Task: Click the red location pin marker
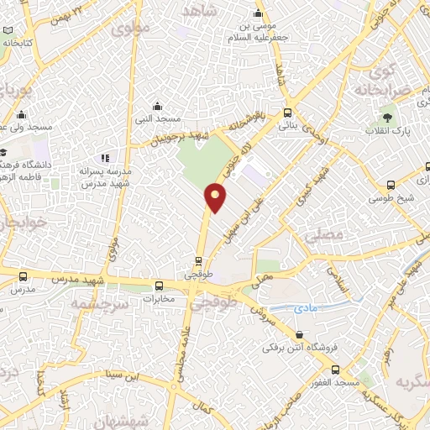[216, 197]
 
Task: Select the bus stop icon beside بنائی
[288, 113]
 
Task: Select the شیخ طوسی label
[391, 200]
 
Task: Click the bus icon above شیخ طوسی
[391, 186]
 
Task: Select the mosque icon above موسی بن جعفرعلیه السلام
[259, 13]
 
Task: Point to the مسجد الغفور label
[337, 383]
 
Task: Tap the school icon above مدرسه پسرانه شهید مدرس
[105, 158]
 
